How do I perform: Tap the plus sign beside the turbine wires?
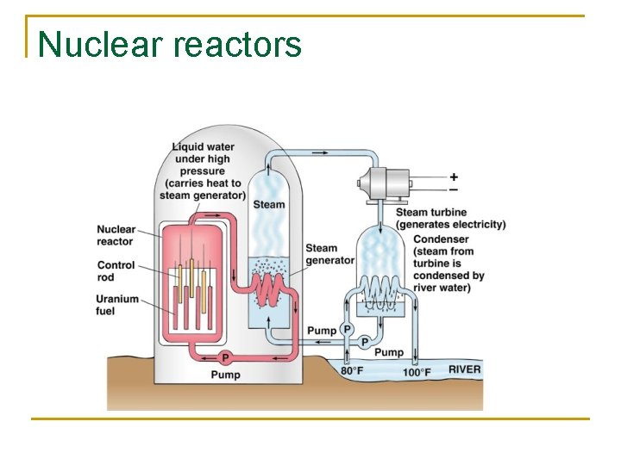point(454,177)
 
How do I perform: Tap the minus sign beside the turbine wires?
point(454,189)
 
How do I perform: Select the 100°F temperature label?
point(417,372)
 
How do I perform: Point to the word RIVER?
point(464,370)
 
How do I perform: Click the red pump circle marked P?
point(225,357)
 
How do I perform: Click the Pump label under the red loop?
point(226,375)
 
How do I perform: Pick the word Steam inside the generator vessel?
point(268,204)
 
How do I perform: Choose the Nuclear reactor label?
point(116,235)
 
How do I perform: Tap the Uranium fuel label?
point(117,305)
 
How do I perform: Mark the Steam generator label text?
point(329,254)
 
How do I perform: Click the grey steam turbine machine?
point(383,183)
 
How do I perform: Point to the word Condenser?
point(441,239)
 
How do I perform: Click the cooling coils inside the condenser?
point(380,290)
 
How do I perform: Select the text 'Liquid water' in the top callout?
point(203,147)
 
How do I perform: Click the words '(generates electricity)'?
point(450,225)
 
